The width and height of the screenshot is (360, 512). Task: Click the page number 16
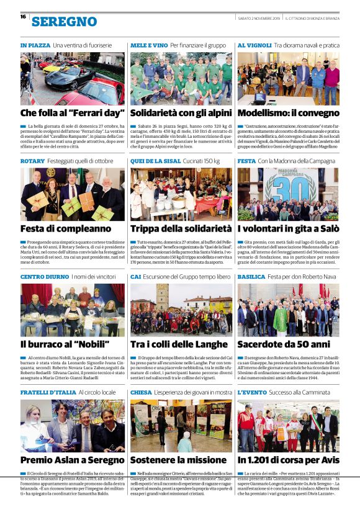click(x=22, y=17)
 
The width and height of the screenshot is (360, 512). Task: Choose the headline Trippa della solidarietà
click(x=181, y=228)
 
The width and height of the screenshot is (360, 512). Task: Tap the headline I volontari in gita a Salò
click(x=288, y=228)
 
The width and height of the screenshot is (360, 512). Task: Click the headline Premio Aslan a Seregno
click(x=71, y=459)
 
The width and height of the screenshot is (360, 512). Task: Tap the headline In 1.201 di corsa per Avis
click(x=288, y=459)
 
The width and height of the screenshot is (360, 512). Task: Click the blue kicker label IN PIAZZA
click(x=35, y=45)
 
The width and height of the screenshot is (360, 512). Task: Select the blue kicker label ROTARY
click(x=32, y=161)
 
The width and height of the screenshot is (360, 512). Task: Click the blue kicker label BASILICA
click(x=251, y=276)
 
